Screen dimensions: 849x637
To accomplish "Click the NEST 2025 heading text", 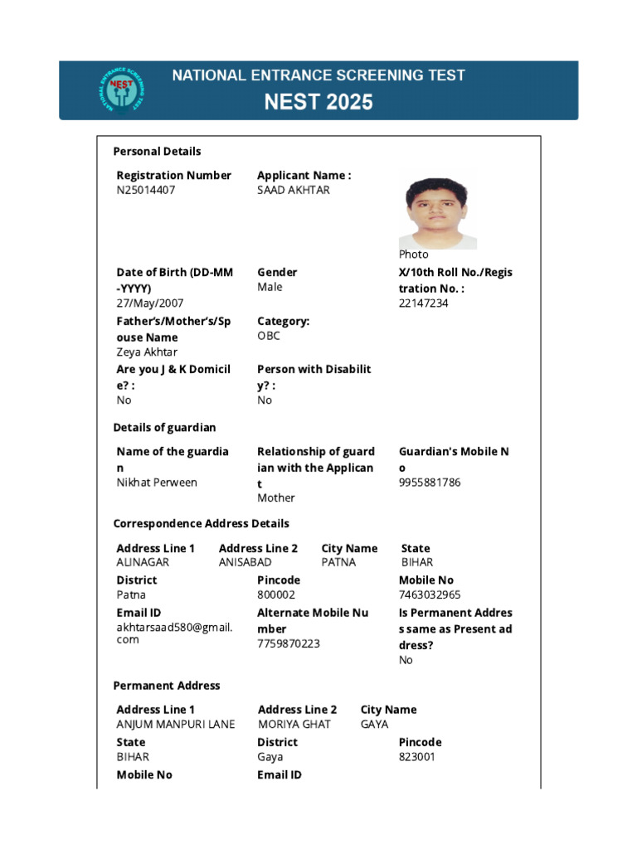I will coord(318,103).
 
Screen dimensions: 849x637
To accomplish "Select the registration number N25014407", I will coord(146,190).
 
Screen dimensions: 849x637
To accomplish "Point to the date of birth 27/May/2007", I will coord(150,303).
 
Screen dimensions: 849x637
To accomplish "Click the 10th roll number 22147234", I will coord(423,303).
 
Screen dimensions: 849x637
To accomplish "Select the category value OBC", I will coord(269,336).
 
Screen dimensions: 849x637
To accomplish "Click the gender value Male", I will coord(270,287).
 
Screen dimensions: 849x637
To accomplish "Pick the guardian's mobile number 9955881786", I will coord(430,483).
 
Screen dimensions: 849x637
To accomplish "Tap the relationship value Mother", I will coord(275,498).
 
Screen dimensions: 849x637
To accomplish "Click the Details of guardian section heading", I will coord(164,428).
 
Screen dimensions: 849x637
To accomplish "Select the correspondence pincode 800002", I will coord(276,594).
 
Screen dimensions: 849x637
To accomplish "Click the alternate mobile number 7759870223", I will coord(288,643).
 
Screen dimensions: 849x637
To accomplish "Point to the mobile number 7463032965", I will coord(430,594).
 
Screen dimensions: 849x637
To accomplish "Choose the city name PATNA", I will coord(338,562).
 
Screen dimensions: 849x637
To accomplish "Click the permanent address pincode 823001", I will coord(416,757).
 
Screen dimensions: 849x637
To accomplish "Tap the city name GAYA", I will coord(374,725).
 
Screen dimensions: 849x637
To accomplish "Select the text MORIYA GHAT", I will coord(294,725).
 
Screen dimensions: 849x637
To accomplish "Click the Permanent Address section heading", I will coord(167,686).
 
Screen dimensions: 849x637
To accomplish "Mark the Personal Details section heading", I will coord(157,152).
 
